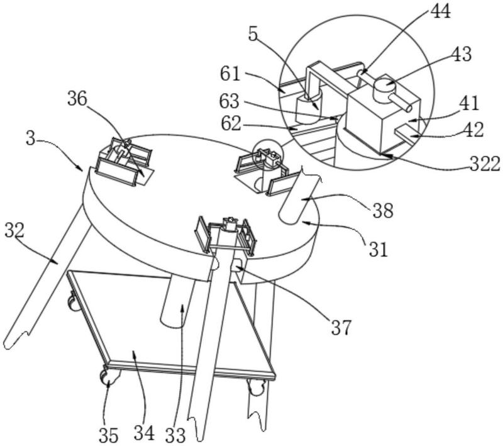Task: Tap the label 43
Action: pyautogui.click(x=462, y=54)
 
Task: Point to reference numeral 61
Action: pyautogui.click(x=230, y=74)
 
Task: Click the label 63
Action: pyautogui.click(x=229, y=101)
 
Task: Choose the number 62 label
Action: pyautogui.click(x=231, y=123)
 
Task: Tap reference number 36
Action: pyautogui.click(x=77, y=99)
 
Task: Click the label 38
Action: pyautogui.click(x=383, y=211)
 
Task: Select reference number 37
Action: pyautogui.click(x=341, y=328)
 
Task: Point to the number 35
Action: pyautogui.click(x=108, y=435)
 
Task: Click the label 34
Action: pyautogui.click(x=144, y=433)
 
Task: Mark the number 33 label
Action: pyautogui.click(x=175, y=435)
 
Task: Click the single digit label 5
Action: pyautogui.click(x=253, y=34)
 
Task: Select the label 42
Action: pyautogui.click(x=473, y=130)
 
